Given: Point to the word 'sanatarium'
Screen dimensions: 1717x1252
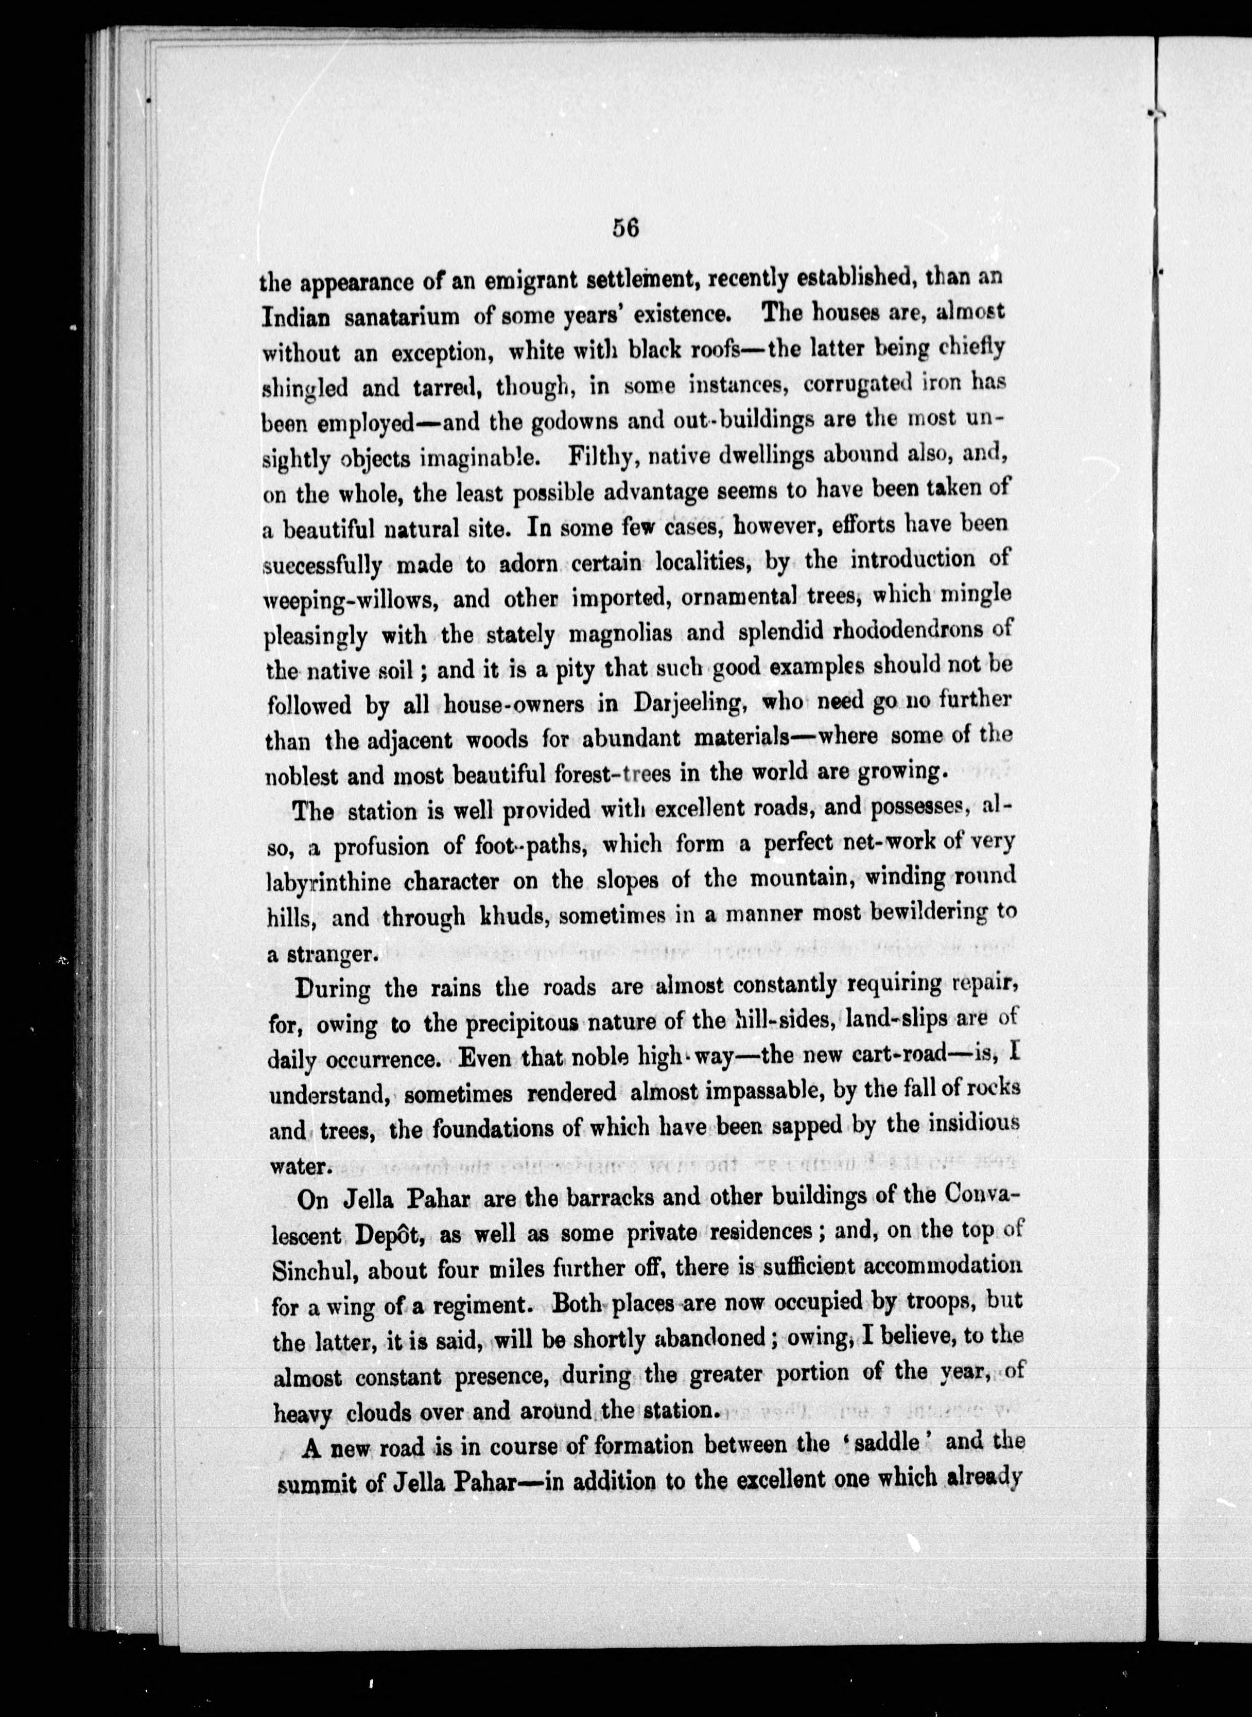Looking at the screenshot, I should [x=401, y=317].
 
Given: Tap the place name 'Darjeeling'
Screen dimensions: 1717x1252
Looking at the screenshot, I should [x=690, y=703].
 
